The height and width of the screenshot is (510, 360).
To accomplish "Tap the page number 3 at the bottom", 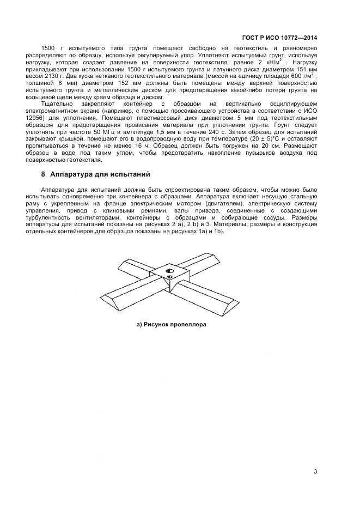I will point(315,471).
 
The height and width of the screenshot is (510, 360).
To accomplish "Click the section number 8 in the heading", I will point(44,174).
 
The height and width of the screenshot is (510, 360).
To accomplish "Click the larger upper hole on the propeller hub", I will point(169,270).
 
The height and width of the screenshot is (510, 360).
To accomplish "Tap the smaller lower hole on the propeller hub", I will point(170,278).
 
